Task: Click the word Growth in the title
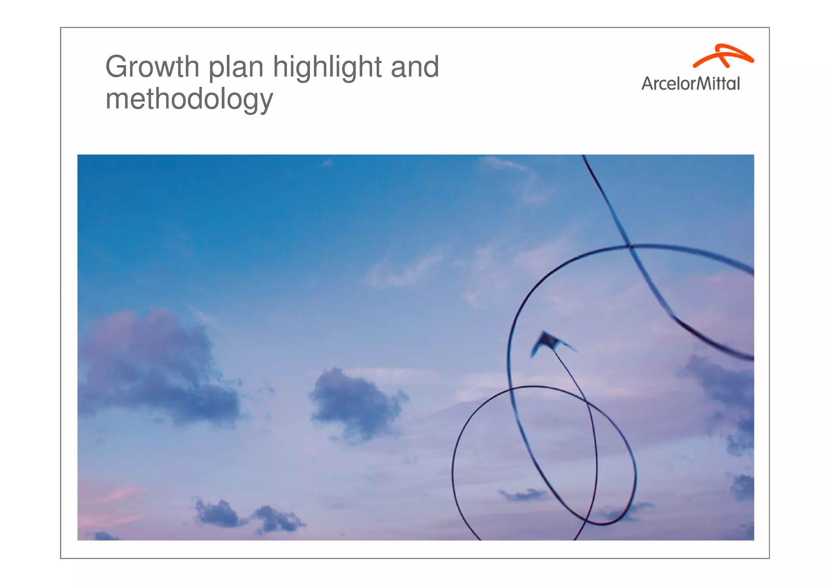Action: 152,67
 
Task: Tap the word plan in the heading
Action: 236,68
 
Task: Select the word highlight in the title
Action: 327,68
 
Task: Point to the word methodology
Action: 189,100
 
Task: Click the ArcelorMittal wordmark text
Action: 691,84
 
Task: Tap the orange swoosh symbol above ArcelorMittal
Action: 723,56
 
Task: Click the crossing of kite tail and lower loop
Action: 586,400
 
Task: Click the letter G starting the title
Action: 117,67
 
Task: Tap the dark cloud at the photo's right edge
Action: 725,389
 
